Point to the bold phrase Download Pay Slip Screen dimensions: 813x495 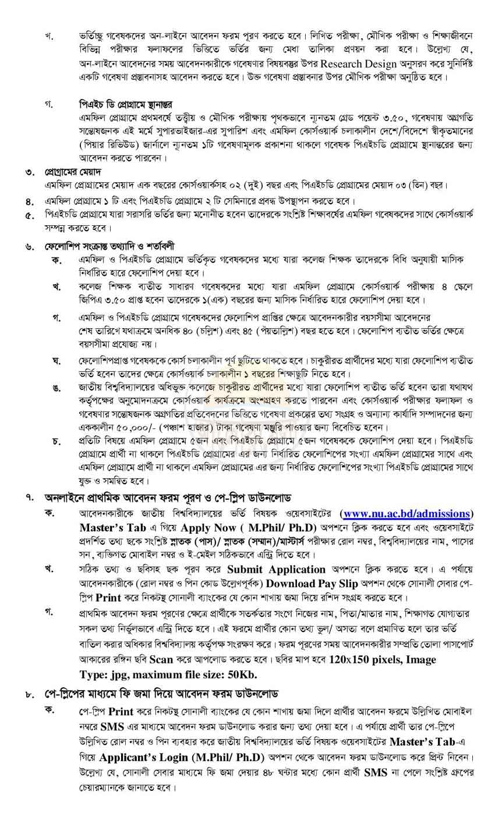click(x=302, y=583)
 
